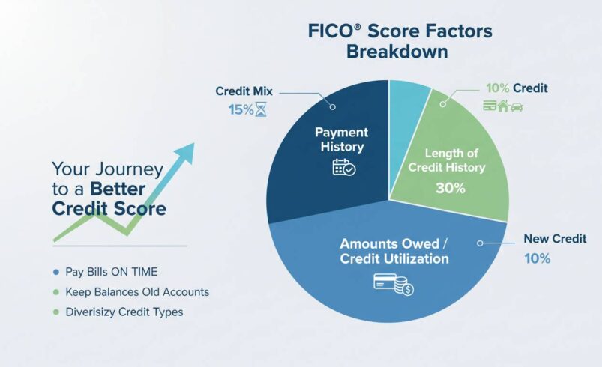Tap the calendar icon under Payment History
pos(343,166)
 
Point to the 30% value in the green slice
pos(450,188)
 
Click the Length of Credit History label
pos(447,160)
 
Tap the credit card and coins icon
pos(393,283)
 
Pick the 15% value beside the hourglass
pos(241,109)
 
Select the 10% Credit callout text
pos(517,88)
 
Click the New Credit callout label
pos(554,239)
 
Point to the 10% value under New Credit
pos(537,258)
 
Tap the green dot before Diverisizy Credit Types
pos(55,312)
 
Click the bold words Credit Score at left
pos(109,209)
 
